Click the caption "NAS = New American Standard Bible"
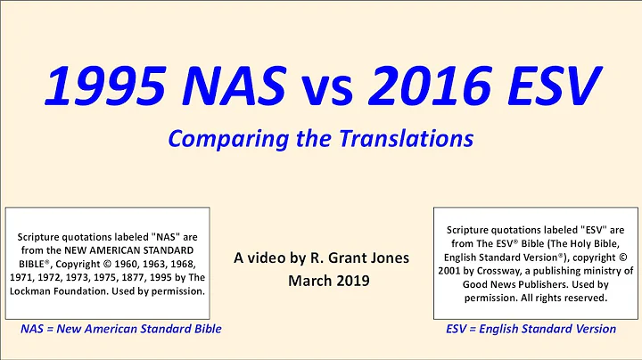[x=120, y=329]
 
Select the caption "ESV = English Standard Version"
[x=531, y=329]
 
